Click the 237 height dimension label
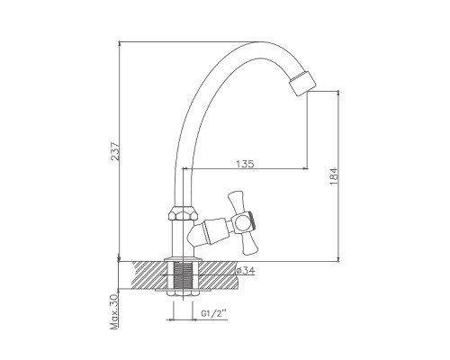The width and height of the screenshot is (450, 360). tap(116, 152)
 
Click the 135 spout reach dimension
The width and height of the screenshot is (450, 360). tap(245, 164)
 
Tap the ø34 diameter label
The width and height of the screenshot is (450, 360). tap(246, 271)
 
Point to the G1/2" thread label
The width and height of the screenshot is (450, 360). tap(213, 314)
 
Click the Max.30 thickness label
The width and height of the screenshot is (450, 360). tap(115, 312)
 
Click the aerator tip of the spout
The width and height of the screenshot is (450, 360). tap(303, 83)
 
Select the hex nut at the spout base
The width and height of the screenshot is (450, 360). tap(184, 212)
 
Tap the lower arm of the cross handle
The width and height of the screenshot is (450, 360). tap(249, 244)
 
